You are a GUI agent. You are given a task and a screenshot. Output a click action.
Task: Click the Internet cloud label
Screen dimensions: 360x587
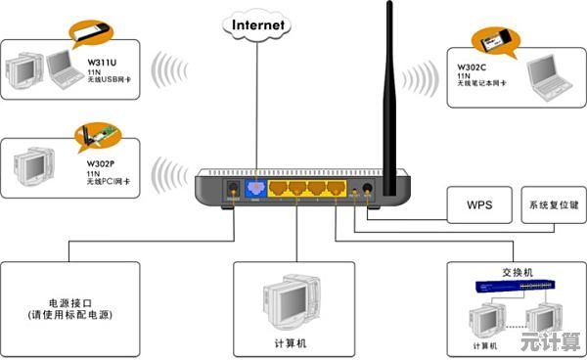[x=258, y=24]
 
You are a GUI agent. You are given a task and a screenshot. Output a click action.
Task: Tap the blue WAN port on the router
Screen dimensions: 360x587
[x=254, y=186]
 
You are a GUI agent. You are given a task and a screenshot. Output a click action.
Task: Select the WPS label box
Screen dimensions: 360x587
[x=477, y=206]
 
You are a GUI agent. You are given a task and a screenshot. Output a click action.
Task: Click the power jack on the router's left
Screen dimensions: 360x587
[x=233, y=186]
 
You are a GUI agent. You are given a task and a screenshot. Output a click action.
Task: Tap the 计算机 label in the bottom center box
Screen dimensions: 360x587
[x=291, y=343]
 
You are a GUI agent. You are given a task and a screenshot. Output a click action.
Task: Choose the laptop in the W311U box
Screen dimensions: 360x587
[x=66, y=67]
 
